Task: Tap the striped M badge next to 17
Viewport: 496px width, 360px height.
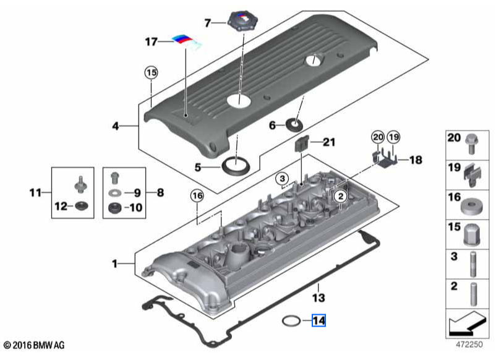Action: click(187, 41)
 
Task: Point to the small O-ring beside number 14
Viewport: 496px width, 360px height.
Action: click(292, 320)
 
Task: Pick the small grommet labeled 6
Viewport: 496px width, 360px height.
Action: click(296, 126)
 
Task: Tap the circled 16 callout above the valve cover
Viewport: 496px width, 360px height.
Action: click(197, 196)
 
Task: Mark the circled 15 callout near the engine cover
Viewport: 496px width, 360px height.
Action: click(151, 72)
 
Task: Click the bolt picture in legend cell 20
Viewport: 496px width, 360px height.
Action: click(471, 143)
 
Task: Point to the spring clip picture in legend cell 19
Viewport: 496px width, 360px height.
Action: click(471, 173)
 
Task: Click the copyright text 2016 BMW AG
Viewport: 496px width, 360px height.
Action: click(34, 344)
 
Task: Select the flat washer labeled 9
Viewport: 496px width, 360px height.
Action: click(114, 193)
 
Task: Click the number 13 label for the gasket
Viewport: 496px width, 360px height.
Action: click(317, 298)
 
